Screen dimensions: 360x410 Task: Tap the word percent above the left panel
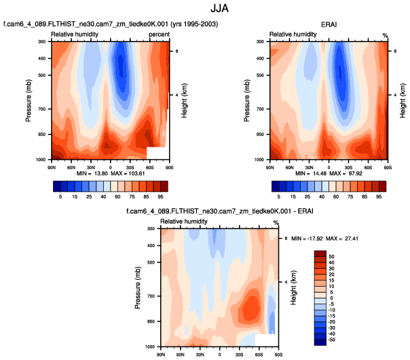158,33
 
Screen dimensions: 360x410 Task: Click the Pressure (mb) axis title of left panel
29,101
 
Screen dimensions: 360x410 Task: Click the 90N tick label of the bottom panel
161,354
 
